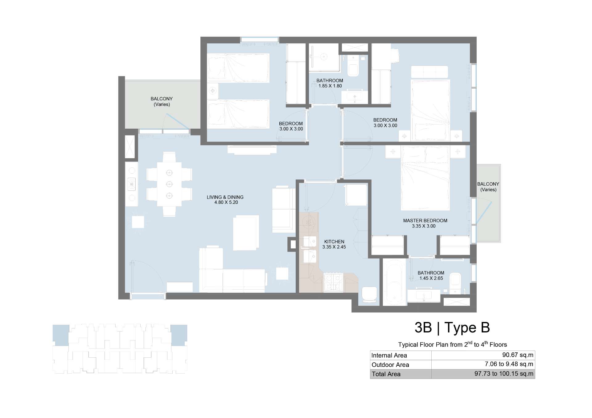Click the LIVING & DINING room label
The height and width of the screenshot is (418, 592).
(225, 197)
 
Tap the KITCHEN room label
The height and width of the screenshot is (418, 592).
(334, 242)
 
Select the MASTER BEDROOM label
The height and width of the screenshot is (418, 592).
(425, 220)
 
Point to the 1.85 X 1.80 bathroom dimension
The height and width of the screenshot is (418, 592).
(330, 86)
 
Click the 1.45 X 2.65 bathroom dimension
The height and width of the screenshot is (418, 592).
(431, 278)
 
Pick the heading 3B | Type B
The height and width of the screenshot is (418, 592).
(452, 328)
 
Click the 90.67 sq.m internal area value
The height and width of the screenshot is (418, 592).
(518, 355)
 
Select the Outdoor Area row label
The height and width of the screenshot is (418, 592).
(390, 365)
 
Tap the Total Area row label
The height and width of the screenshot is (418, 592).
(386, 374)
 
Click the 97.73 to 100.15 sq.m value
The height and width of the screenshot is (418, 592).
(504, 374)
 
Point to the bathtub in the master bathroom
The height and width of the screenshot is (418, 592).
(394, 282)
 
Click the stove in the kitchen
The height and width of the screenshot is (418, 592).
(333, 282)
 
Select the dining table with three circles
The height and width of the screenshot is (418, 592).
(169, 184)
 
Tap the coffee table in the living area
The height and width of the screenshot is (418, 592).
(246, 233)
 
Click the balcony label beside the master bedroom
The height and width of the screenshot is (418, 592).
(488, 187)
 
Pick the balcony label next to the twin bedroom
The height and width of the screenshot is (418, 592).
(162, 102)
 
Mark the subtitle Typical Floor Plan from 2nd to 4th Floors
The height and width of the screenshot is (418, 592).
(452, 344)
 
